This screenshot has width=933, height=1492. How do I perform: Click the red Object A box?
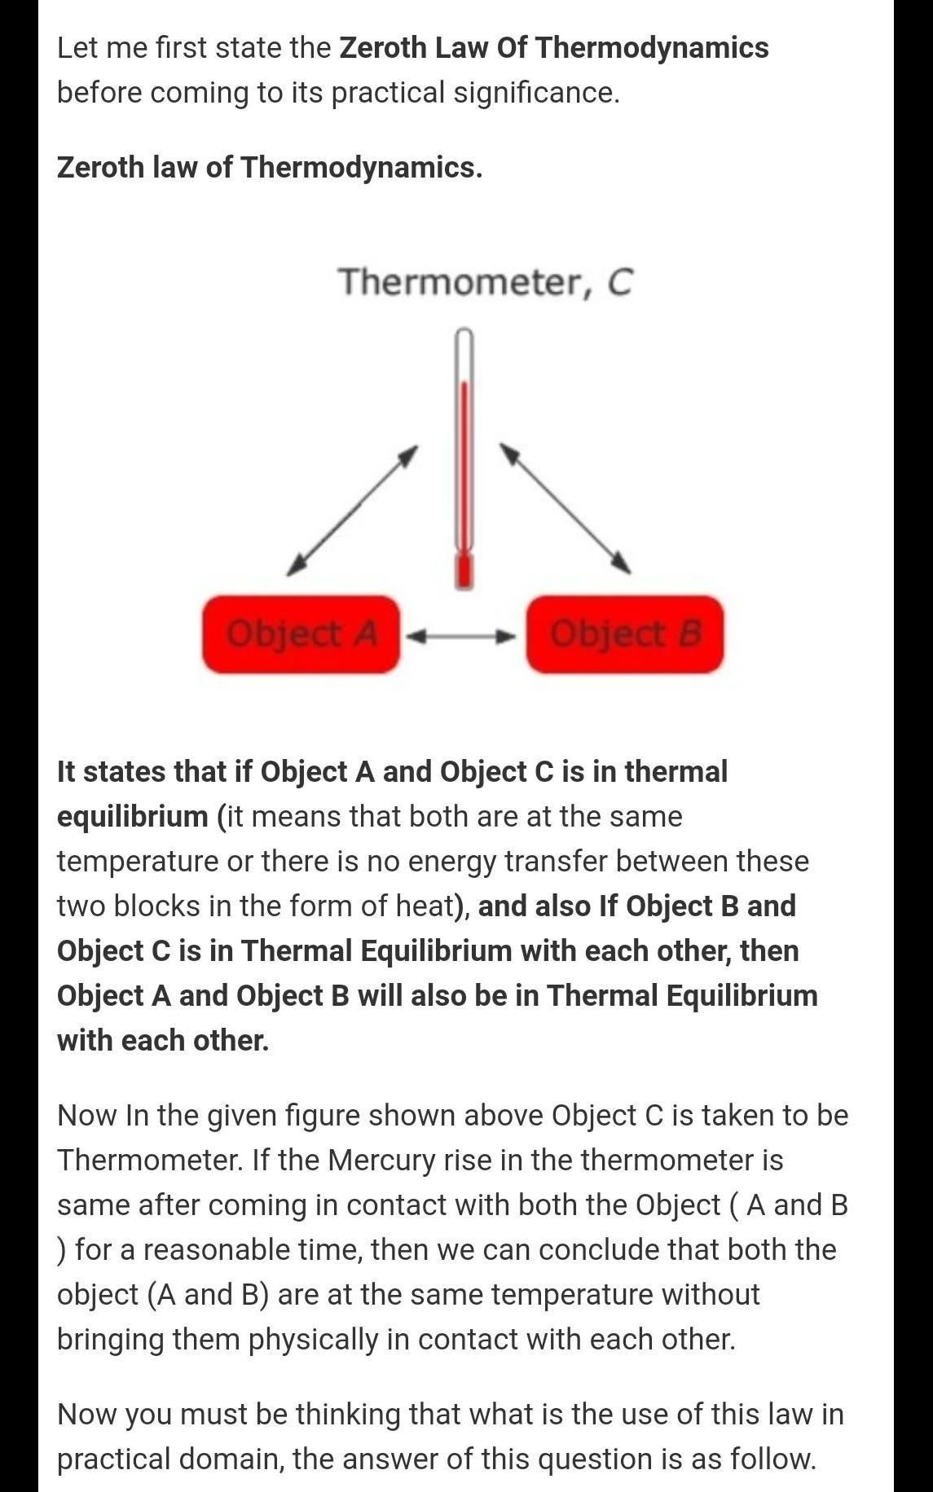(x=301, y=634)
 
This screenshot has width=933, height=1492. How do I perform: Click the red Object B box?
(x=624, y=634)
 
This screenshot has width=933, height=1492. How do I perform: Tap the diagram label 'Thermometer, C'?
(x=485, y=282)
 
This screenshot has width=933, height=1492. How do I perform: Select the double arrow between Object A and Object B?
(x=462, y=635)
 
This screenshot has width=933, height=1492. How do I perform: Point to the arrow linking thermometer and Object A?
(x=353, y=511)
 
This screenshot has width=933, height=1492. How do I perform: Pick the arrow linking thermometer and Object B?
(x=566, y=508)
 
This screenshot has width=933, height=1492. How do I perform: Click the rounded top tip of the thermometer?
(x=464, y=334)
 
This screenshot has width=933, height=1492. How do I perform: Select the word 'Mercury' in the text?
(x=381, y=1160)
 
